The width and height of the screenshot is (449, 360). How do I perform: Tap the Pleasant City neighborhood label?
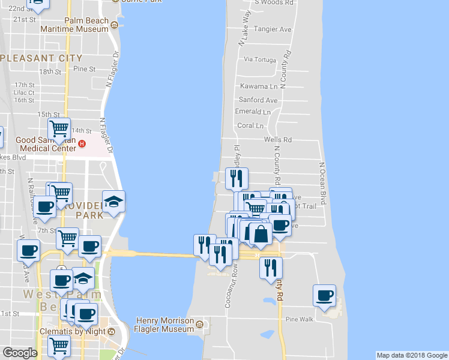click(41, 58)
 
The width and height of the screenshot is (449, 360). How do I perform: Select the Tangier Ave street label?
click(273, 29)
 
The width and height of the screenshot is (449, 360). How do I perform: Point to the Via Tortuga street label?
click(260, 59)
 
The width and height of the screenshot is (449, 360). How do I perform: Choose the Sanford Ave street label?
click(258, 100)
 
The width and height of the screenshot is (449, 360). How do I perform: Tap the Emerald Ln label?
click(253, 112)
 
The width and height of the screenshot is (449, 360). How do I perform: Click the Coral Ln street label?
click(250, 125)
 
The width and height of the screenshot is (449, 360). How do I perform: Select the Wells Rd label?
click(278, 140)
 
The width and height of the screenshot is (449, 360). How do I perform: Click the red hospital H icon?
click(82, 144)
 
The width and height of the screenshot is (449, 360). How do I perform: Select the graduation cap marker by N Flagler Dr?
click(113, 202)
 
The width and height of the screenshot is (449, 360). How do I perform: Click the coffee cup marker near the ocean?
click(325, 295)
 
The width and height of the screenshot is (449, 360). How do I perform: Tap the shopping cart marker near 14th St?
click(59, 128)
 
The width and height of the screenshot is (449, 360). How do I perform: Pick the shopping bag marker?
click(261, 233)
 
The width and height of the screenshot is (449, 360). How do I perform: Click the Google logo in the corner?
click(20, 353)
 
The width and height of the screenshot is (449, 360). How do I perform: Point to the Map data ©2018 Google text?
click(412, 355)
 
